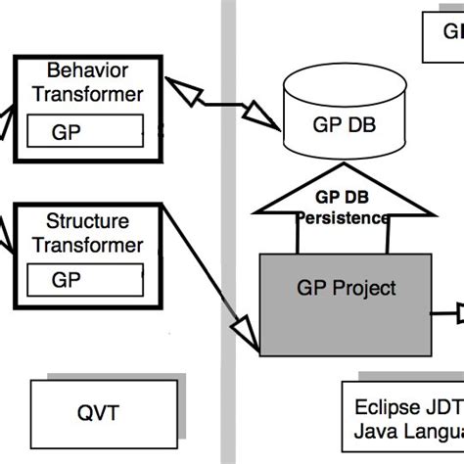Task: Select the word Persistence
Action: pyautogui.click(x=343, y=218)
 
